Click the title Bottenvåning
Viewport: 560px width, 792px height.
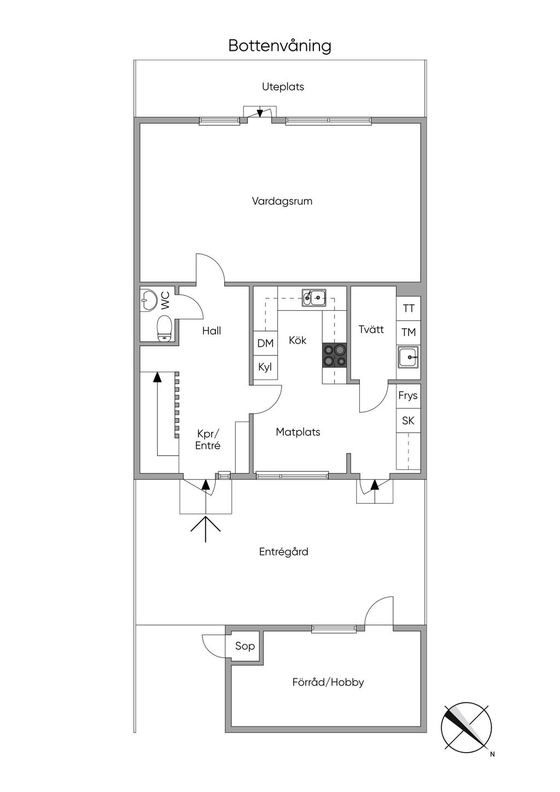click(x=279, y=46)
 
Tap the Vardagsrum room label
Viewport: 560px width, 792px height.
click(x=282, y=201)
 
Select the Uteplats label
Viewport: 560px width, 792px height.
click(x=283, y=86)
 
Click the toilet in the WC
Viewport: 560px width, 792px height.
click(x=164, y=329)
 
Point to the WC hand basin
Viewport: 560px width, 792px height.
click(x=148, y=301)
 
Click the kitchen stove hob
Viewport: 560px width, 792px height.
click(x=334, y=356)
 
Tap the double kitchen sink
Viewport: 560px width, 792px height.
click(x=314, y=298)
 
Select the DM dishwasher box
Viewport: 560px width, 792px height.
click(x=265, y=343)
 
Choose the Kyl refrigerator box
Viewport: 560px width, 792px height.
click(x=265, y=367)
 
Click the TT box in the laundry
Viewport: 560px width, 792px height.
click(x=409, y=308)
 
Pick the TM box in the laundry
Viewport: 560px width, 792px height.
click(x=409, y=333)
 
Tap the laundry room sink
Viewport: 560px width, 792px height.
click(x=409, y=357)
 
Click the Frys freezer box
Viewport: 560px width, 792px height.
click(x=409, y=396)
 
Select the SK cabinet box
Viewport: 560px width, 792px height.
click(x=409, y=421)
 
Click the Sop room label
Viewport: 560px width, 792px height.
click(x=245, y=647)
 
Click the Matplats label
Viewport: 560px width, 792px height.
click(x=298, y=432)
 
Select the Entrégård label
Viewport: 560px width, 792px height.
click(x=283, y=552)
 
